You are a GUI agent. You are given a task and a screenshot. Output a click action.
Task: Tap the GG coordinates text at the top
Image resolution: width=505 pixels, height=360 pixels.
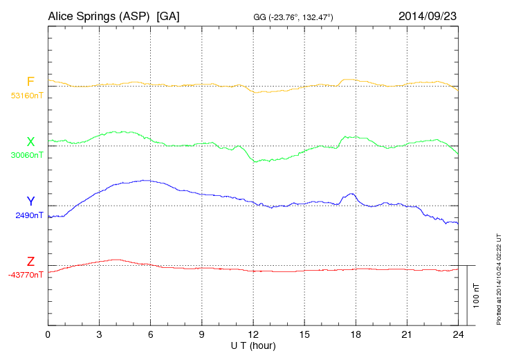pyautogui.click(x=294, y=17)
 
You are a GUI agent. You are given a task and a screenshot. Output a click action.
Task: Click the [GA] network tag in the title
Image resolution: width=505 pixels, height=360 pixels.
pyautogui.click(x=168, y=15)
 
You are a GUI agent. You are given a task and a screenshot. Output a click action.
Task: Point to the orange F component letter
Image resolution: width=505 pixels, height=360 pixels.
pyautogui.click(x=30, y=82)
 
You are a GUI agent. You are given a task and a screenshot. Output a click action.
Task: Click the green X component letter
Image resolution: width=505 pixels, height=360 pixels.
pyautogui.click(x=30, y=142)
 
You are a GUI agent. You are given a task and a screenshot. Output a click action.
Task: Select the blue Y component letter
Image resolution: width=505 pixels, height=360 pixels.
pyautogui.click(x=30, y=201)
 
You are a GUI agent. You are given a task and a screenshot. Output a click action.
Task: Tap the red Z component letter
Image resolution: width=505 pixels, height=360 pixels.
pyautogui.click(x=30, y=262)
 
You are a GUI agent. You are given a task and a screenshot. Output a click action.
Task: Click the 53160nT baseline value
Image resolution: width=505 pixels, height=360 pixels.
pyautogui.click(x=26, y=96)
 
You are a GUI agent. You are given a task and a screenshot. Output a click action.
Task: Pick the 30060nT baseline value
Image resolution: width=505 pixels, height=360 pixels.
pyautogui.click(x=26, y=155)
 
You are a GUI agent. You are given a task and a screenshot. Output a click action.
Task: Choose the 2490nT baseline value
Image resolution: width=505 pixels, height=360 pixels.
pyautogui.click(x=29, y=215)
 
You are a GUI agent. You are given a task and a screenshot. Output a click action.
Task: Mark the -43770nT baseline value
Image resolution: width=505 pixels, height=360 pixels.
pyautogui.click(x=26, y=275)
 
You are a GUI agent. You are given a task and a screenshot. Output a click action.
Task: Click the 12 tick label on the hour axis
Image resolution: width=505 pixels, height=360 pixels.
pyautogui.click(x=253, y=334)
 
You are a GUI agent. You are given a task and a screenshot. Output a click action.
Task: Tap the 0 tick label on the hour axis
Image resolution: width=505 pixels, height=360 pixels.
pyautogui.click(x=48, y=334)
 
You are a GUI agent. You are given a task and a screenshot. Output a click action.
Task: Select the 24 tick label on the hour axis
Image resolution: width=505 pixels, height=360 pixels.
pyautogui.click(x=457, y=334)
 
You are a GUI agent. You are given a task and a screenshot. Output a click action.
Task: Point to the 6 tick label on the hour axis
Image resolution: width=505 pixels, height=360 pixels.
pyautogui.click(x=150, y=334)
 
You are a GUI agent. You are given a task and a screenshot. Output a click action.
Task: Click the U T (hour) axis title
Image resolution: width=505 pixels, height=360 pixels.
pyautogui.click(x=253, y=345)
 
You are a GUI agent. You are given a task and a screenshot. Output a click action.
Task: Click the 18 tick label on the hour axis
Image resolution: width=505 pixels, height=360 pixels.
pyautogui.click(x=356, y=334)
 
